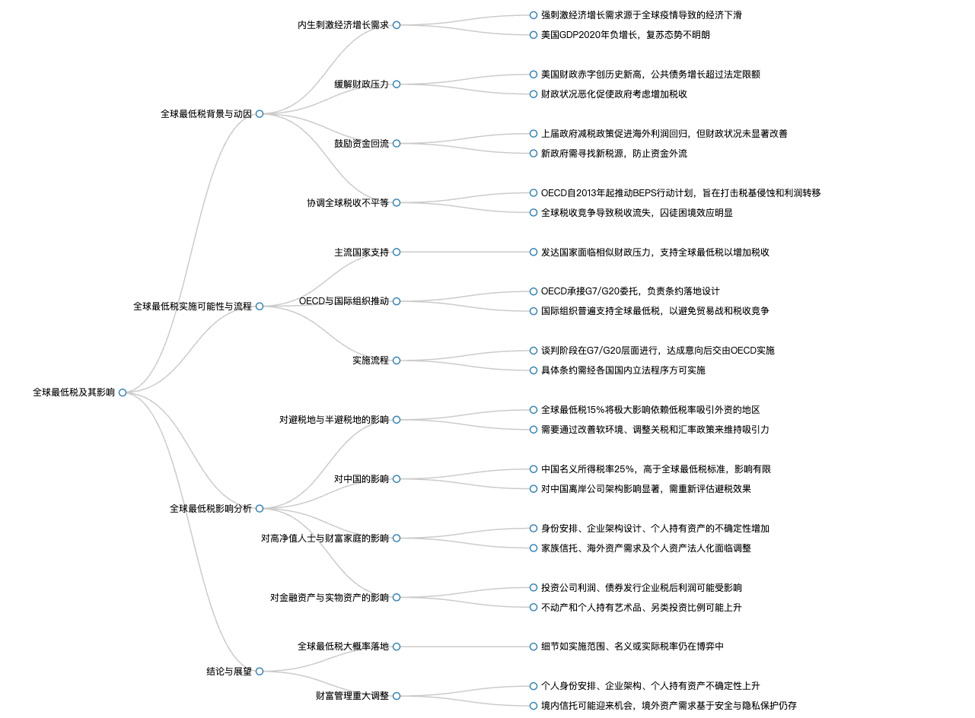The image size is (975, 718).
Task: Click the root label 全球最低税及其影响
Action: click(74, 392)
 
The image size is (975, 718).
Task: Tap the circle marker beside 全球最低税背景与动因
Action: click(260, 114)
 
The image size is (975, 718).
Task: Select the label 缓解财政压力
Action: click(362, 84)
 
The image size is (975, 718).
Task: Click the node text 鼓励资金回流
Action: click(362, 144)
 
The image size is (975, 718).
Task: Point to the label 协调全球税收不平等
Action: click(348, 202)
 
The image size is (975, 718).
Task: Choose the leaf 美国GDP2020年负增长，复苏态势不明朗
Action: click(625, 35)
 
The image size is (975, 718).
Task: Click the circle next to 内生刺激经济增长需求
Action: click(397, 25)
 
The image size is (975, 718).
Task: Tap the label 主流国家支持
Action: click(362, 253)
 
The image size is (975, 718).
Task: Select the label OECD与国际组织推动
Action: click(343, 301)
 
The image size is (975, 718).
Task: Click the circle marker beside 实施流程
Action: click(397, 361)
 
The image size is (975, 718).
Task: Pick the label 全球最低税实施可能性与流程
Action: click(193, 307)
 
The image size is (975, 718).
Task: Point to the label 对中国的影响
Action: click(362, 479)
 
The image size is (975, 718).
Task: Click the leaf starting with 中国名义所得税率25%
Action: click(656, 469)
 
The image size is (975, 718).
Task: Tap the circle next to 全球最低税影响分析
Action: click(260, 508)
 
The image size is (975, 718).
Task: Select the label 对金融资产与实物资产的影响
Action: click(330, 598)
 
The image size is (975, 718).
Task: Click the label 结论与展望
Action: click(229, 672)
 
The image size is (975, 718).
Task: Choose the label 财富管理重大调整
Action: click(352, 696)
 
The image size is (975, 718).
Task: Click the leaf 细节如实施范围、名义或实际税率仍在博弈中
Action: click(632, 647)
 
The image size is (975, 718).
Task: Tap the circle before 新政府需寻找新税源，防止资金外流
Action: click(534, 153)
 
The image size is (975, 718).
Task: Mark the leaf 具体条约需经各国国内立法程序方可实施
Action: click(623, 370)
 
